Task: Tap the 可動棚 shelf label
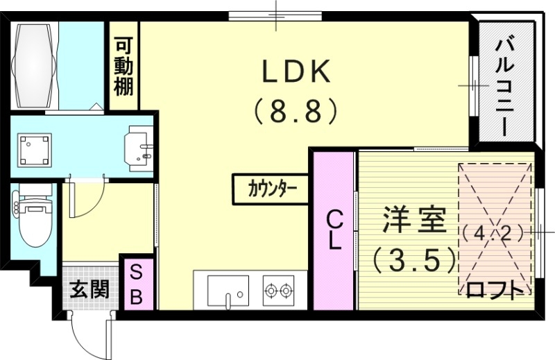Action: [124, 67]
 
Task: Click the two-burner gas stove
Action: [278, 291]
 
